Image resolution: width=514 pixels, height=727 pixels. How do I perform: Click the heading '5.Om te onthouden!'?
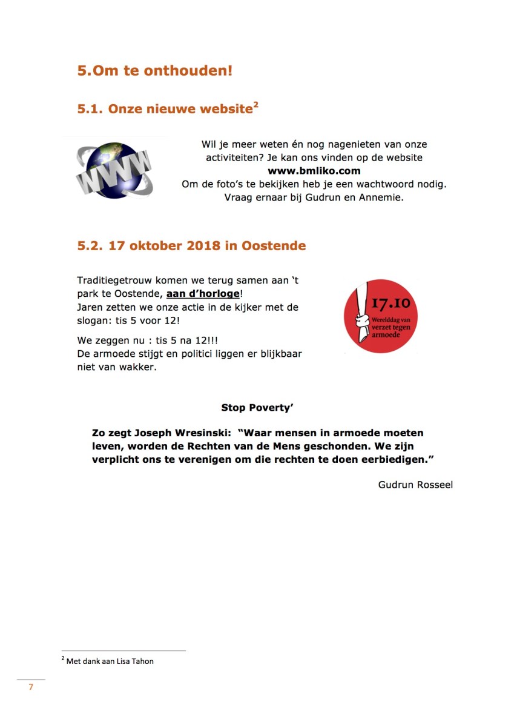tap(154, 70)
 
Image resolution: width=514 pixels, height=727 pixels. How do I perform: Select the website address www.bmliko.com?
tap(314, 171)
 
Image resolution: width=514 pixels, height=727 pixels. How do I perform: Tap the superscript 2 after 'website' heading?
tap(256, 105)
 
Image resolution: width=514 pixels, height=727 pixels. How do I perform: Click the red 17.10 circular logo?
tap(380, 316)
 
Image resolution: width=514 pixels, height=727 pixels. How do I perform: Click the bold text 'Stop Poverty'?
tap(257, 408)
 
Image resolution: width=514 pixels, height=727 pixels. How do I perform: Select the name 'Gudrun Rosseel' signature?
tap(415, 485)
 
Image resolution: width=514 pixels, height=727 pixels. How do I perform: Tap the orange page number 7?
tap(31, 687)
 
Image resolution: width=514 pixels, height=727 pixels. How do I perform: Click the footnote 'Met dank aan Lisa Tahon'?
tap(110, 661)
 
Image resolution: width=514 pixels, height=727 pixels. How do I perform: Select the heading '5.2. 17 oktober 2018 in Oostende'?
tap(191, 246)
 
